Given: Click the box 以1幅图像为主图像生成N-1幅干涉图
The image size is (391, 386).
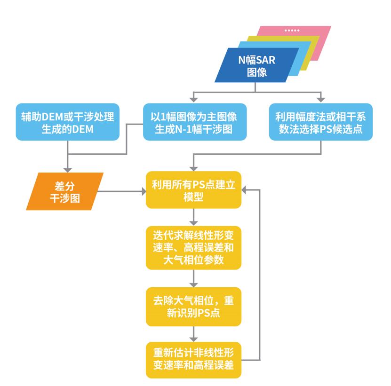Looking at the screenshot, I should pos(194,122).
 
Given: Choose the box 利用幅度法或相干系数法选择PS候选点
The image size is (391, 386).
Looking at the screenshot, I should pos(321,122).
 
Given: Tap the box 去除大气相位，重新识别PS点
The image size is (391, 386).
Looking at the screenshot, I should pos(193,306).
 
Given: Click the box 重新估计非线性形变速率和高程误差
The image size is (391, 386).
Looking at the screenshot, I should pos(193,359).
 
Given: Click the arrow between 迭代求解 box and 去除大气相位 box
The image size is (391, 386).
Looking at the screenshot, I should pos(193,278).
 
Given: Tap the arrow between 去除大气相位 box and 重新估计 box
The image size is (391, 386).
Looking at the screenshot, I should pos(193,335).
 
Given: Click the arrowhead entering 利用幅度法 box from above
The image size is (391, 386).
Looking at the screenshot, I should pos(321,100).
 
